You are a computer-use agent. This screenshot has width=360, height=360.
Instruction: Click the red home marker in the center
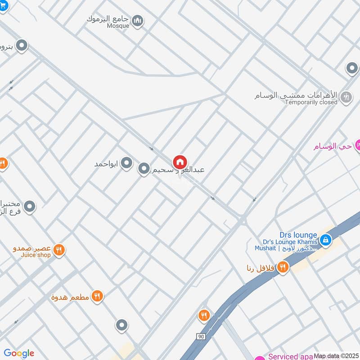tap(180, 162)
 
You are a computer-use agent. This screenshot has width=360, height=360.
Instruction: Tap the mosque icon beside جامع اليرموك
tap(138, 20)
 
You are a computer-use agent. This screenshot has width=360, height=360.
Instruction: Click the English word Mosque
tap(118, 26)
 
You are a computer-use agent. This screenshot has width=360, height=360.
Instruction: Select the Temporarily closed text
tap(311, 102)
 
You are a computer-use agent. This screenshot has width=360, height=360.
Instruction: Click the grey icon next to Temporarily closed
tap(346, 97)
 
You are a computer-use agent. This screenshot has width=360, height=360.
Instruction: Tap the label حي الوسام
tap(332, 147)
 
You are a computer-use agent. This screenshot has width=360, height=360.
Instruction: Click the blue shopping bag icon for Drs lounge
tap(326, 240)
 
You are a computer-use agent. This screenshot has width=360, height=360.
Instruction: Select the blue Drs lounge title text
tap(298, 235)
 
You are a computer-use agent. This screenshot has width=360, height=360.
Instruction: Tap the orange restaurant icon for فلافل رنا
tap(283, 267)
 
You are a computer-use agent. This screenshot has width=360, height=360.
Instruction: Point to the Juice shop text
tap(36, 255)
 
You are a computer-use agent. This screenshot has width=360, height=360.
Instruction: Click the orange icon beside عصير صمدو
tap(58, 249)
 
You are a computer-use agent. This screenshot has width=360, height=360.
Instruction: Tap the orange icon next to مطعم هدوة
tap(97, 296)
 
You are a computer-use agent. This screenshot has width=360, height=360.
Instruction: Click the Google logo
tap(19, 353)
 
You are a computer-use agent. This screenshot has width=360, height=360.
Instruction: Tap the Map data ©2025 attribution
tap(336, 356)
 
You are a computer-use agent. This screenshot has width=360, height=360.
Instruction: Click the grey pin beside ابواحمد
tap(127, 163)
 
